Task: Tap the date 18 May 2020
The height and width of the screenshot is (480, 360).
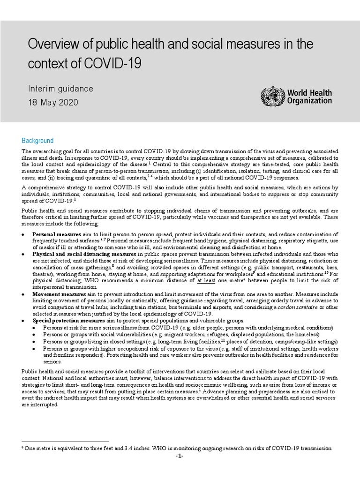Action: tap(53, 102)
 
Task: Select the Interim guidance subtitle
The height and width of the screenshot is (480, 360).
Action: tap(61, 88)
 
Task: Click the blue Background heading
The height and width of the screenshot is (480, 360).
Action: tap(37, 141)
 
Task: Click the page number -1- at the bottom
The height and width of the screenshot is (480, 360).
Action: tap(180, 456)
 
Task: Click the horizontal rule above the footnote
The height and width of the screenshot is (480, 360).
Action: tap(65, 441)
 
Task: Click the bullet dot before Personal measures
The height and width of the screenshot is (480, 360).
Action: tap(24, 234)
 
